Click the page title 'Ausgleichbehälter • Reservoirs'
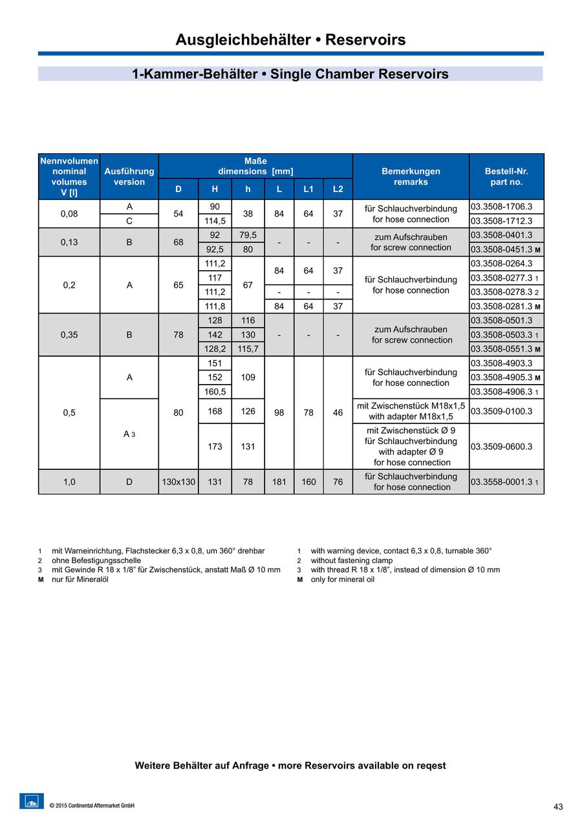click(290, 40)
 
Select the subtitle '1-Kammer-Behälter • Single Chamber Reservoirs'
click(290, 74)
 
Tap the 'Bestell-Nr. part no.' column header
click(506, 176)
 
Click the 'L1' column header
click(308, 189)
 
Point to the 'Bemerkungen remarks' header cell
click(411, 176)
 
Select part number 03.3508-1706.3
click(502, 207)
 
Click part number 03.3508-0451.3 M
click(505, 250)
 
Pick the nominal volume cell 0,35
click(69, 335)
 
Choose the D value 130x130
click(178, 482)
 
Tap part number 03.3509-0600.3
click(502, 446)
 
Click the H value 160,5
click(215, 392)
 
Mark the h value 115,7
click(248, 349)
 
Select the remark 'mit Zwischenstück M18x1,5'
click(411, 406)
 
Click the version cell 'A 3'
click(129, 434)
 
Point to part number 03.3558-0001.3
click(502, 482)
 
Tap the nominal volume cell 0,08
click(69, 213)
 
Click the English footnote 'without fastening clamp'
click(351, 561)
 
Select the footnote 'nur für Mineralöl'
click(80, 579)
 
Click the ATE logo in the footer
click(32, 801)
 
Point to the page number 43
click(558, 806)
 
